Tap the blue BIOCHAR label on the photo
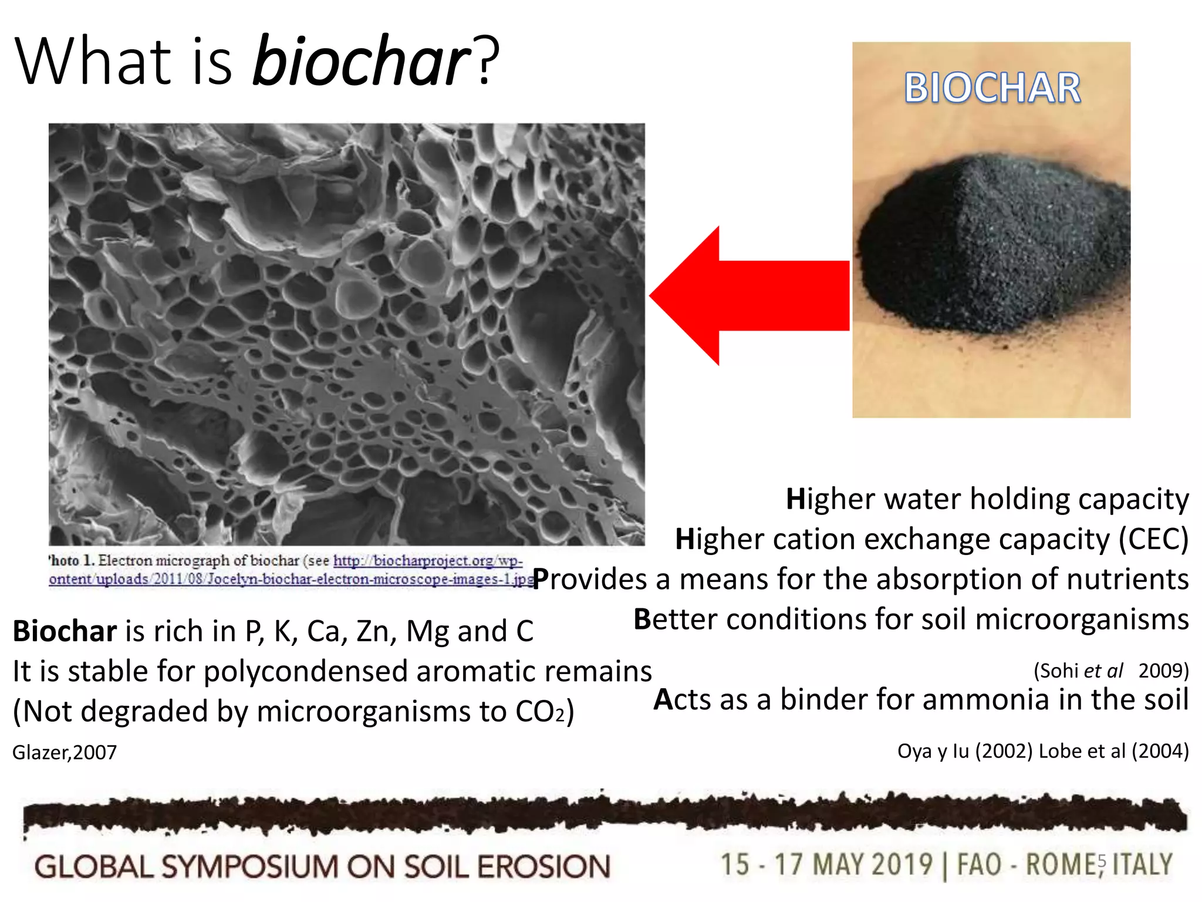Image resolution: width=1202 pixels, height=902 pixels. click(x=992, y=88)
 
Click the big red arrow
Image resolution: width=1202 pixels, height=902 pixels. click(x=751, y=295)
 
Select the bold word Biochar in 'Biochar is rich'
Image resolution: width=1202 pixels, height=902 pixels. click(x=65, y=631)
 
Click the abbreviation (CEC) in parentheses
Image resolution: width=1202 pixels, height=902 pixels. click(x=1153, y=539)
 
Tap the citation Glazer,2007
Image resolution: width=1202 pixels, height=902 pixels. click(x=65, y=752)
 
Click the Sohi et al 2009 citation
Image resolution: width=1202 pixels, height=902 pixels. click(x=1110, y=671)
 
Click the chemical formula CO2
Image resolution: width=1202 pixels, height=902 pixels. click(x=539, y=712)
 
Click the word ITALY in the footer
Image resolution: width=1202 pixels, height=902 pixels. click(x=1142, y=865)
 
